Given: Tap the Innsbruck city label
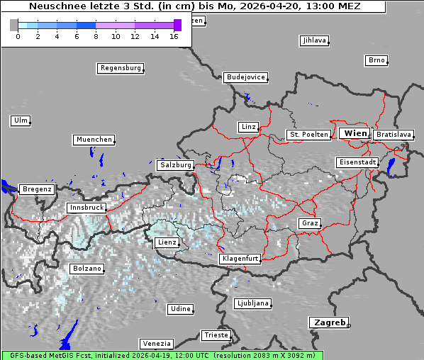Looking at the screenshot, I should (86, 208).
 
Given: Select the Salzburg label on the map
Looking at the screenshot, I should (176, 164).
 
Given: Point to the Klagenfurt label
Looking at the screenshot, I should (240, 259).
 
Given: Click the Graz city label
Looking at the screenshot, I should (309, 223).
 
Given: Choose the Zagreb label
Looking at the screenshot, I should (328, 322).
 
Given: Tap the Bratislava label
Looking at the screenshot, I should (393, 134).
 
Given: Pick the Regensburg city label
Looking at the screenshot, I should (120, 68).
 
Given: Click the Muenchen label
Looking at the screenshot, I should (94, 140).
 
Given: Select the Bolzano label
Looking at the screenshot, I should (87, 269).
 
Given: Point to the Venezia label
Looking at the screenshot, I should (155, 344).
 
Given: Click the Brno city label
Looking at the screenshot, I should (376, 60).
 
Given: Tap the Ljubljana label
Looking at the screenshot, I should (252, 303).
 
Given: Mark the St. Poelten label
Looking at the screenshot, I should (308, 134).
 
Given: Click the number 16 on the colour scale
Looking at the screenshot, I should (174, 36).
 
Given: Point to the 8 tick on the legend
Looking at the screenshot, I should (96, 36).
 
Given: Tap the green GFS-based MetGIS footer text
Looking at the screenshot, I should (162, 355).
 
